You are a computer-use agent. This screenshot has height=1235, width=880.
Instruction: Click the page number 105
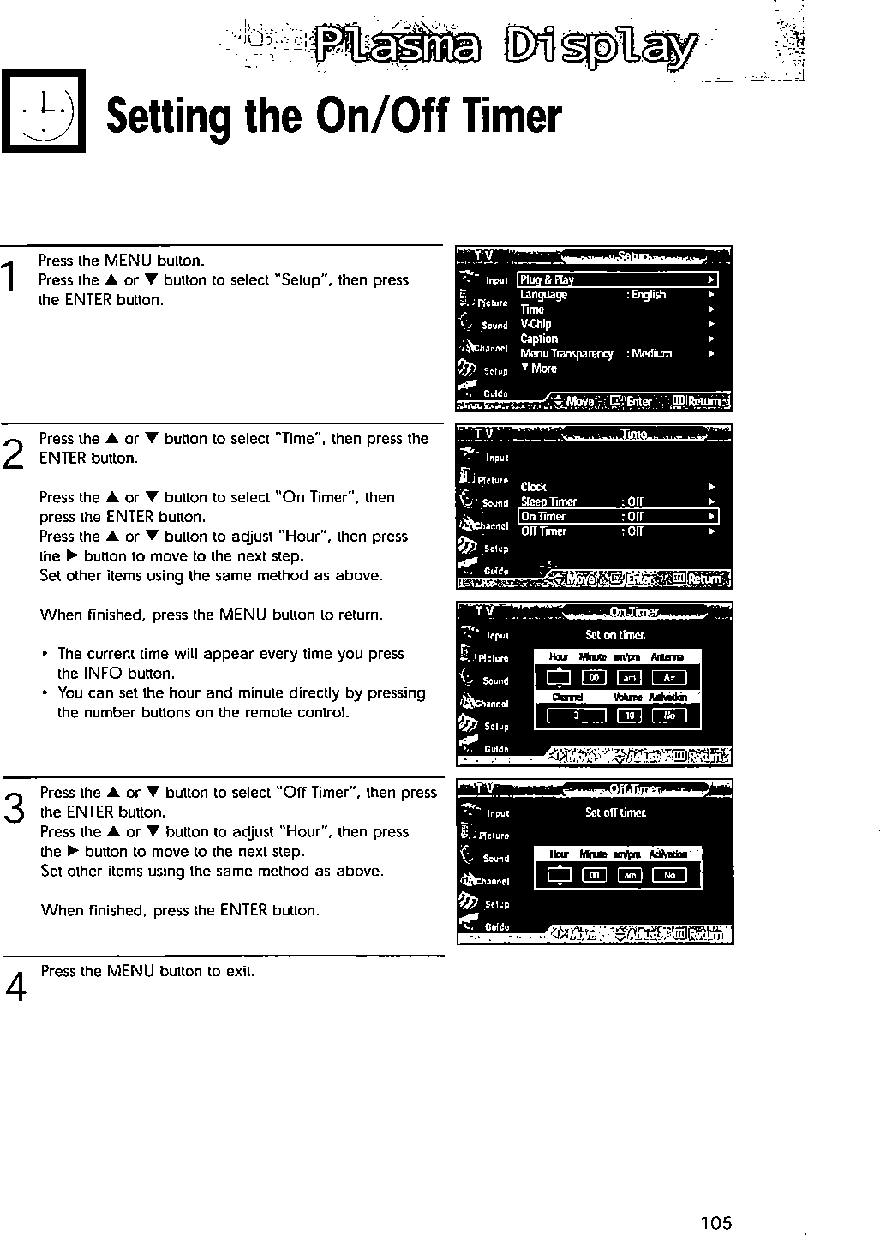[x=716, y=1223]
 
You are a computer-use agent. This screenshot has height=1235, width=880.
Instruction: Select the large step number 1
[x=9, y=278]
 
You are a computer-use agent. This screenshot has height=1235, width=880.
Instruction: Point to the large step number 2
[x=13, y=451]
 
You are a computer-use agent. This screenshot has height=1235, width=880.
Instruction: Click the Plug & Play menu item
[x=548, y=280]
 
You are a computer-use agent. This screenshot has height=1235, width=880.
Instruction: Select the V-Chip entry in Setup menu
[x=536, y=324]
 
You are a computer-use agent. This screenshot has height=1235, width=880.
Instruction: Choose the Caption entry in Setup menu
[x=539, y=339]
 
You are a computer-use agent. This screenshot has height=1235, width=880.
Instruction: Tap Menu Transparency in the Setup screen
[x=566, y=354]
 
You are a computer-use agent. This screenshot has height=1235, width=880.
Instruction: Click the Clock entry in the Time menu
[x=533, y=487]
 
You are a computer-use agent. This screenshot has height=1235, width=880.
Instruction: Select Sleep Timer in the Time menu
[x=548, y=501]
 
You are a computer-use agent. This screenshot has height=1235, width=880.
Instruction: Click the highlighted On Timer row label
[x=543, y=516]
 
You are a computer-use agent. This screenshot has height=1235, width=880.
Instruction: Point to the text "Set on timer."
[x=615, y=635]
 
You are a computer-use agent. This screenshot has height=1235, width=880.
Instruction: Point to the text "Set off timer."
[x=615, y=812]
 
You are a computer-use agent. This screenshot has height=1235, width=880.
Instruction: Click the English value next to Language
[x=649, y=295]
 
